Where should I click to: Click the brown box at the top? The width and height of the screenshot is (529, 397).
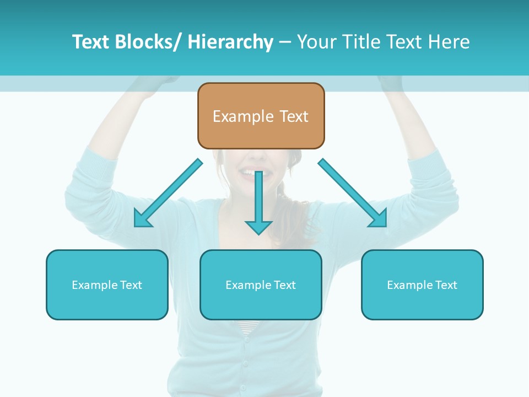coord(261,116)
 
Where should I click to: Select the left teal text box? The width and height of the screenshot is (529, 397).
coord(107,285)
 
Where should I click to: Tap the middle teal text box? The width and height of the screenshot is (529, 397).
coord(261,285)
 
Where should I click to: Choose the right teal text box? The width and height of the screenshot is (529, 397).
coord(422,285)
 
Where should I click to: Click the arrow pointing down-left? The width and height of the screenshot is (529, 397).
coord(168,194)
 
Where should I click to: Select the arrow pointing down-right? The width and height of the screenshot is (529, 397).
coord(353,193)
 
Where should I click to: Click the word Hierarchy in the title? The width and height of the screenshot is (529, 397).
coord(230,42)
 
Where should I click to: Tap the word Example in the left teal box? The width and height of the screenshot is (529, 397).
coord(95,285)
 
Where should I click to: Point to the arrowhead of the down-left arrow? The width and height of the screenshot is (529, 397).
coord(141,220)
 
